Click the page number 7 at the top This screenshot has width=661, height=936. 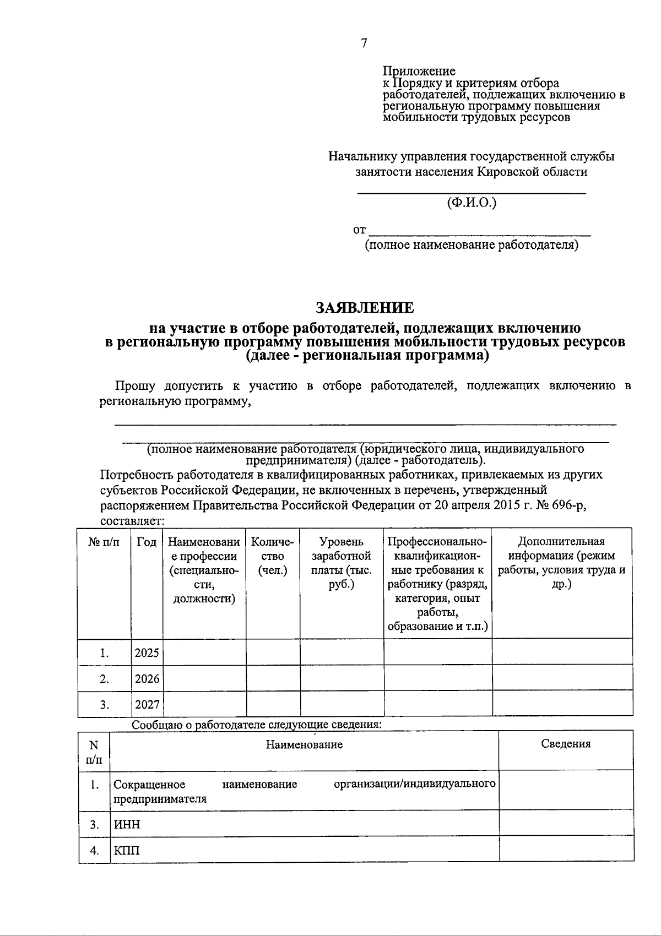(x=364, y=44)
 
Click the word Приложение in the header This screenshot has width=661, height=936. (x=419, y=71)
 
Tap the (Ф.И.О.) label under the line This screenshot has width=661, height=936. (x=472, y=203)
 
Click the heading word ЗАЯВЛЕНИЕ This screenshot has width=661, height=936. (x=365, y=307)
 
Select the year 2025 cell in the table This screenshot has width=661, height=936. (x=147, y=653)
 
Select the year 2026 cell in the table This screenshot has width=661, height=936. (x=147, y=679)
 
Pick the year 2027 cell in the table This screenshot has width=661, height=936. (x=147, y=705)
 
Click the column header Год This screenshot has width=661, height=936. (x=147, y=542)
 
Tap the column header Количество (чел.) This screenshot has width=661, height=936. (x=273, y=556)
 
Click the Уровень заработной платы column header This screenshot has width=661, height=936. (x=342, y=563)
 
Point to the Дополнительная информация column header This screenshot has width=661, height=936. (x=562, y=563)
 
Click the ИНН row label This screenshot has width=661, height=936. (x=127, y=824)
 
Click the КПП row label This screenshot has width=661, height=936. (x=127, y=851)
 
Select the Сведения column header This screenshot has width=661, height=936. (x=566, y=744)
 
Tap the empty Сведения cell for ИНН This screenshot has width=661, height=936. (x=566, y=824)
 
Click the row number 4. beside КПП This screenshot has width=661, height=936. (x=94, y=851)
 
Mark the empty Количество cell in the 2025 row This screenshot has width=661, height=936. (x=273, y=653)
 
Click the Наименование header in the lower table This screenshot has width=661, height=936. (x=304, y=745)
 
